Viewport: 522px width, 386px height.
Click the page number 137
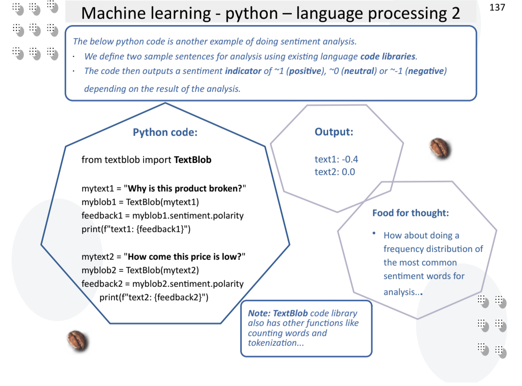497,7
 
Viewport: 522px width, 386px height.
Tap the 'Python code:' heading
165,132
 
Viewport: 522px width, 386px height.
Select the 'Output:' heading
333,132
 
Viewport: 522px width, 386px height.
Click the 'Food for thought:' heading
410,213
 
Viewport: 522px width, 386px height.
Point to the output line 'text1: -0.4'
336,159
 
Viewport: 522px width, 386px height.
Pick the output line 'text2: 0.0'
334,172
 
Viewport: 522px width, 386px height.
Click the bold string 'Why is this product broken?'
185,188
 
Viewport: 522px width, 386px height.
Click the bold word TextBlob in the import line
192,160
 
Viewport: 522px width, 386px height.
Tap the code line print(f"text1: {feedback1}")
136,229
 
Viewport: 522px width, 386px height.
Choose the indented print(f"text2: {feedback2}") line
154,297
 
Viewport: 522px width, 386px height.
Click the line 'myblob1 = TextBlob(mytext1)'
140,202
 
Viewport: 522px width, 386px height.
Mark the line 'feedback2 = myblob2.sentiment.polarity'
162,283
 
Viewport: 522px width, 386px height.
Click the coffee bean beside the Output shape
440,148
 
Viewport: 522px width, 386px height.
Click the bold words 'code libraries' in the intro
388,56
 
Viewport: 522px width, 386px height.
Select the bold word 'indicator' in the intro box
243,71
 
